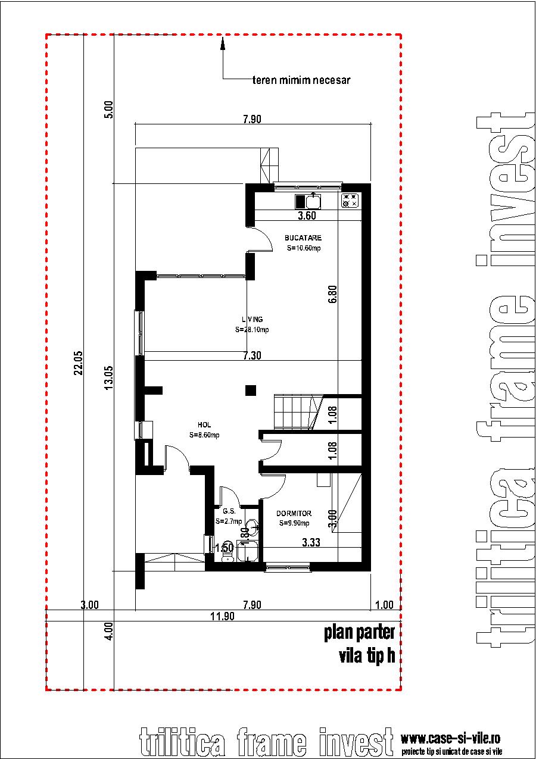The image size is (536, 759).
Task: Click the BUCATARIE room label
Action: [303, 238]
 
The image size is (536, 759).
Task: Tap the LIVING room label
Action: [252, 320]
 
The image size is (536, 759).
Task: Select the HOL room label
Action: [204, 425]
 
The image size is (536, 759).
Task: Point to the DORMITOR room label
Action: [294, 513]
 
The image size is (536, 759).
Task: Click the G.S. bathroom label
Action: [229, 511]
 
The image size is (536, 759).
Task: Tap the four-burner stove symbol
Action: [350, 201]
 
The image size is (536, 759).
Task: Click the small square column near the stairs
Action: [251, 391]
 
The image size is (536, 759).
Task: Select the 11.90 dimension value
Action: [223, 617]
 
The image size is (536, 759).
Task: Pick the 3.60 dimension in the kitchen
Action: [307, 216]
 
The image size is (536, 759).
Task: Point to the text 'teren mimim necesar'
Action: [301, 80]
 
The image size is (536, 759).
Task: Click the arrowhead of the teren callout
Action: [223, 42]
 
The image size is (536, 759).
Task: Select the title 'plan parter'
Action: [359, 632]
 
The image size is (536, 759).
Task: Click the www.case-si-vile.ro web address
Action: [450, 739]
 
